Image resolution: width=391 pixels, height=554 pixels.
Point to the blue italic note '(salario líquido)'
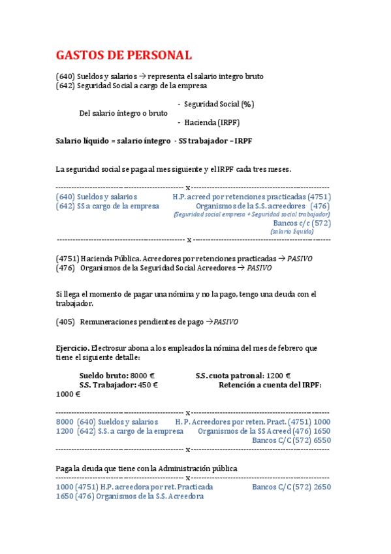(292, 231)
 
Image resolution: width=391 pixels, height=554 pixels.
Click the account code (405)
(66, 321)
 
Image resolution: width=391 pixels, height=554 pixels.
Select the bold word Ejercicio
(72, 348)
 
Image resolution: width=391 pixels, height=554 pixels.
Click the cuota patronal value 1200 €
(279, 376)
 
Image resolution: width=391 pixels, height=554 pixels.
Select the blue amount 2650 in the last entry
(322, 487)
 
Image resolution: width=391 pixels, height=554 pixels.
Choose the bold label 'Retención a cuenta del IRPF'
(269, 385)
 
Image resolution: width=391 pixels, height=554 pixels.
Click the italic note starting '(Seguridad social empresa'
(252, 214)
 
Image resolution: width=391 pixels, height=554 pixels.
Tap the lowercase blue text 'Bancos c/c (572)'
(302, 223)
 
